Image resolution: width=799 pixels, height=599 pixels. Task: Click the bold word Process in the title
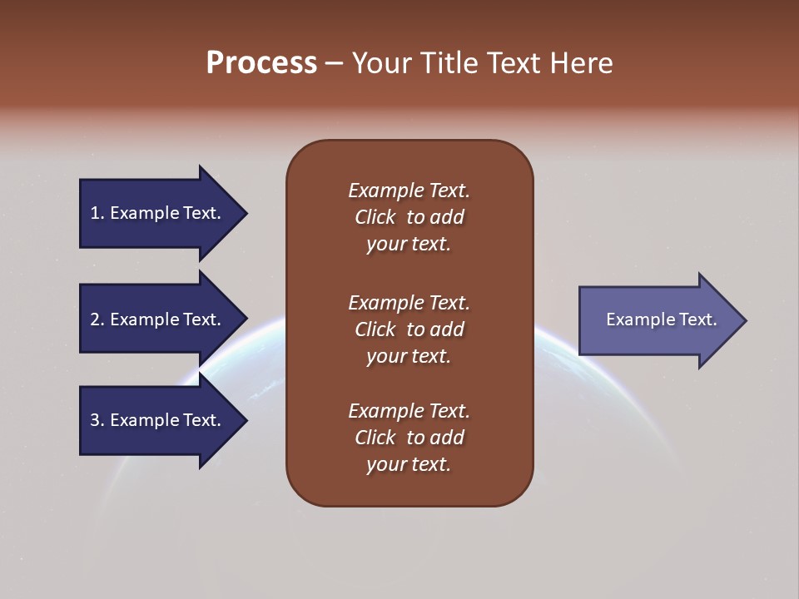[x=261, y=63]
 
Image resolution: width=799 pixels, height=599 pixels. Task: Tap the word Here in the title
[x=582, y=63]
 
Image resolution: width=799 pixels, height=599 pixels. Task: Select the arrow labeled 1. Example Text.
[x=158, y=213]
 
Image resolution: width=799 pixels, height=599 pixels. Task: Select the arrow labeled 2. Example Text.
[x=158, y=319]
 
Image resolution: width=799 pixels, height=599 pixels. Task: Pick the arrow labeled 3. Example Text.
[x=158, y=420]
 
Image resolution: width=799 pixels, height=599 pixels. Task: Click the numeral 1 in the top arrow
[x=95, y=213]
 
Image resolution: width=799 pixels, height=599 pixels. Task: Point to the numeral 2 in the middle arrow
[x=95, y=319]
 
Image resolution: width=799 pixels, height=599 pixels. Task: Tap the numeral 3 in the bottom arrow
[x=95, y=420]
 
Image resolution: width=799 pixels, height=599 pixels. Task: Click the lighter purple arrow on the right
[x=658, y=319]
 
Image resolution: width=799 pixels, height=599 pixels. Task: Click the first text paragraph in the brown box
[x=409, y=217]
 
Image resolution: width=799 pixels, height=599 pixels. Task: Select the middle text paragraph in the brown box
[x=409, y=329]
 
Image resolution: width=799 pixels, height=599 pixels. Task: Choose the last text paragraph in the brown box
[x=409, y=438]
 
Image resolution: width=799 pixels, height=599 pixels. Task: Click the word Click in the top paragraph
[x=375, y=217]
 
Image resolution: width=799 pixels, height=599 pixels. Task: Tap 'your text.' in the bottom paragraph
[x=409, y=464]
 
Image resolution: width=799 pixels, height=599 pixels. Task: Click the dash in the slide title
[x=335, y=63]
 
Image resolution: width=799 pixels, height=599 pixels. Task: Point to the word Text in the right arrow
[x=698, y=319]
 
